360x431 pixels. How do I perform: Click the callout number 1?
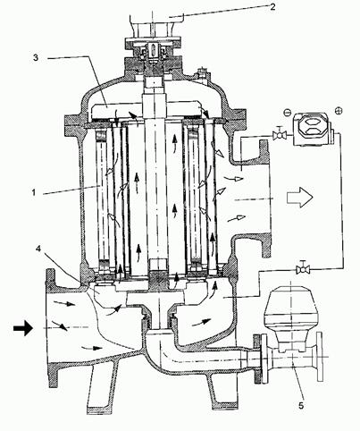coord(34,192)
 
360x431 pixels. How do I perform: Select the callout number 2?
coord(272,7)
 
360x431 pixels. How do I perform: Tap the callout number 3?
coord(36,57)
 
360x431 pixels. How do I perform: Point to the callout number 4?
coord(38,249)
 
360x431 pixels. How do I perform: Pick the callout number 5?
coord(301,406)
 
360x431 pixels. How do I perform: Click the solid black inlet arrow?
coord(23,328)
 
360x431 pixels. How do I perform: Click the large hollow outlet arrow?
coord(300,197)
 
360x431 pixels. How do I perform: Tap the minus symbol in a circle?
coord(287,113)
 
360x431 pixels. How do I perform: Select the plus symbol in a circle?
coord(339,111)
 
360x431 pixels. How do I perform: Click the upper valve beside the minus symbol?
coord(280,134)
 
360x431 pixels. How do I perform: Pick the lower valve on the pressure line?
coord(303,269)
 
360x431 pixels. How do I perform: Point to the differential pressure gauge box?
coord(312,129)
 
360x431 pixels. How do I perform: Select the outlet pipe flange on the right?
coord(264,199)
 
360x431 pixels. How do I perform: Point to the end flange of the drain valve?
coord(320,357)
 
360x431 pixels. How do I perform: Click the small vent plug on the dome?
coord(204,73)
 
